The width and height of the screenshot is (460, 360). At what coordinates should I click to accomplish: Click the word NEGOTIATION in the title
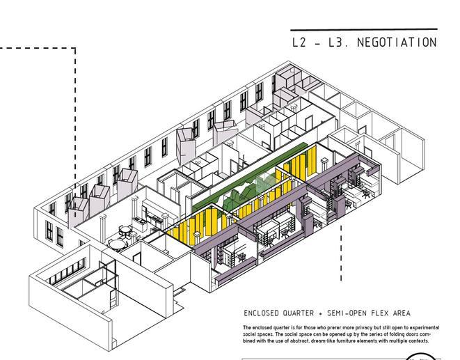pyautogui.click(x=397, y=42)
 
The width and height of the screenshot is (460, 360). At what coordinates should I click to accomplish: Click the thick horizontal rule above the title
pyautogui.click(x=363, y=29)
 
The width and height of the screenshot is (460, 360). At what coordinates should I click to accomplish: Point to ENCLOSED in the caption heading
pyautogui.click(x=262, y=313)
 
